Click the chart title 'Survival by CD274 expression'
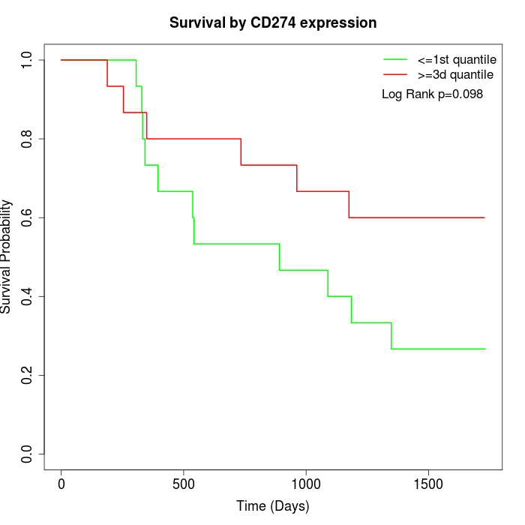click(x=273, y=23)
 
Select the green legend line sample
click(x=395, y=59)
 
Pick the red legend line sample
click(x=395, y=74)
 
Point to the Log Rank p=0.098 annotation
click(x=432, y=94)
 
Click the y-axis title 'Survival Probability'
click(x=7, y=256)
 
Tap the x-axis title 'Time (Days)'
click(x=273, y=506)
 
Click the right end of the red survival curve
click(x=484, y=217)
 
